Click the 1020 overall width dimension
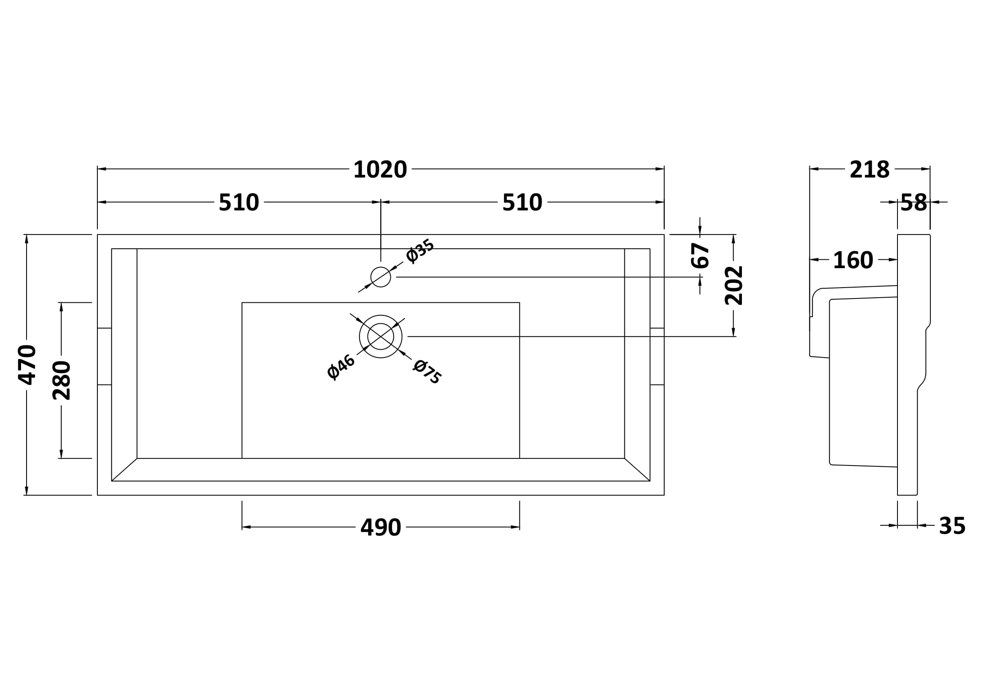380,170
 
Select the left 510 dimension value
239,202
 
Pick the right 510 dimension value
522,202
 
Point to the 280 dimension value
62,380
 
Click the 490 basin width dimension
381,527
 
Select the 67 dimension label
700,256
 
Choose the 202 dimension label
733,285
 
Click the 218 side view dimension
870,170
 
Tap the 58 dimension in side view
913,203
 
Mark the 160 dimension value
853,260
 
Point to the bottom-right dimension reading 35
952,526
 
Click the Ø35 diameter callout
419,251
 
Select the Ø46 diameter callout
341,367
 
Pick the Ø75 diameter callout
427,372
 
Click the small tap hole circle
381,277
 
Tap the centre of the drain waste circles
381,336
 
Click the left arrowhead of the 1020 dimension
102,169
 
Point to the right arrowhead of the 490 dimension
515,527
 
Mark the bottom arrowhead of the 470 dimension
27,490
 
